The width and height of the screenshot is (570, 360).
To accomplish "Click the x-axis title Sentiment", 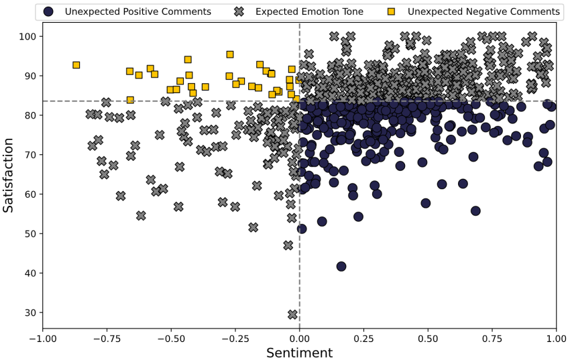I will [299, 353].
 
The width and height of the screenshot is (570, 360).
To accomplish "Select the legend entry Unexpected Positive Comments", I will [137, 11].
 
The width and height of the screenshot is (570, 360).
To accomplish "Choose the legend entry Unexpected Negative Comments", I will [483, 11].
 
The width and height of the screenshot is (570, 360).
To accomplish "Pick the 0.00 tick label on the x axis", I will [299, 340].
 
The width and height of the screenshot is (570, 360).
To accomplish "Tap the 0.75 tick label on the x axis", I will [492, 340].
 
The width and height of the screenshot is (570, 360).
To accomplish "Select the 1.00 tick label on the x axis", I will [556, 340].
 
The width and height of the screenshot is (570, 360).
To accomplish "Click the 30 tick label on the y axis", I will [30, 312].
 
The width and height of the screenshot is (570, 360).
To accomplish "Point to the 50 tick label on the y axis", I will [30, 233].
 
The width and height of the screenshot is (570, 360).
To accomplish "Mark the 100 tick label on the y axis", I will [27, 36].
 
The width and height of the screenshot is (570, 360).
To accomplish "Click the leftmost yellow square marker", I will [76, 65].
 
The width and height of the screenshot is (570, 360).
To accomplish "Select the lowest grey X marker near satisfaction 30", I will [292, 314].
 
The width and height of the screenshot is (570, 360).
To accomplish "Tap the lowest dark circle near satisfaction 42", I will [341, 266].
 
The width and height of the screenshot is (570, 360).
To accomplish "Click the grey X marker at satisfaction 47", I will [288, 245].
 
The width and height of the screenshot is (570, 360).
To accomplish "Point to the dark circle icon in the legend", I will [48, 11].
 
